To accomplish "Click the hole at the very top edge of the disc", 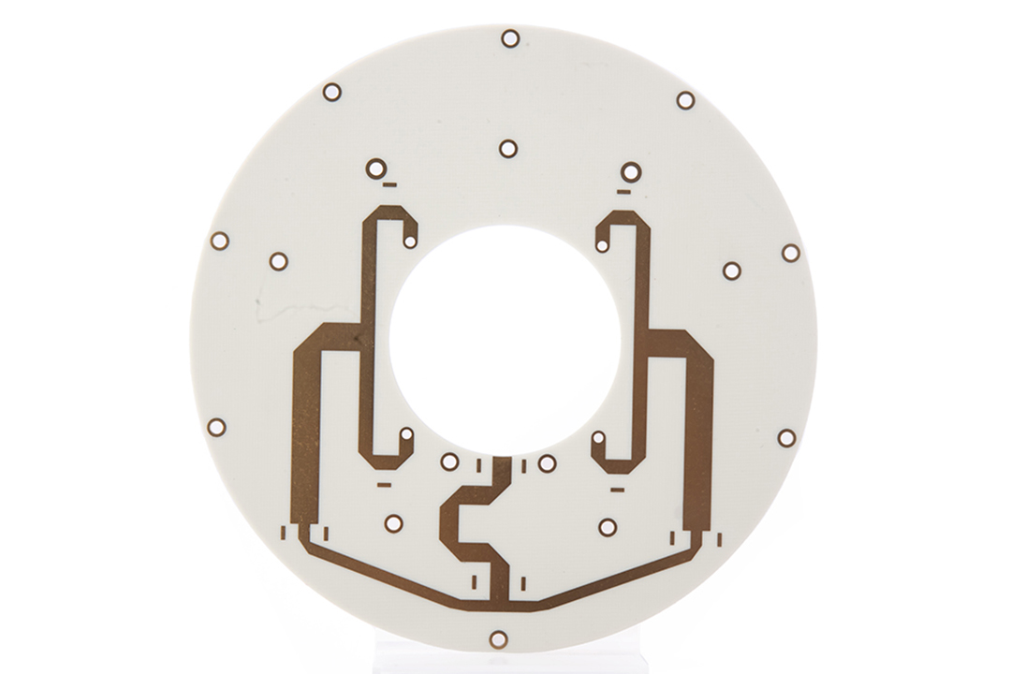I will pos(510,38).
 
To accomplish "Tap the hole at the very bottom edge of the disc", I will pos(498,639).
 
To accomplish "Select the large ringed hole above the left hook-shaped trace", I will pos(376,168).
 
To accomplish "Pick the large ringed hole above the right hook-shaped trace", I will pos(631,171).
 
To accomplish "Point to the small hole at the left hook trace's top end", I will pos(410,242).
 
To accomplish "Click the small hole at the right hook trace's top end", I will pos(602,246).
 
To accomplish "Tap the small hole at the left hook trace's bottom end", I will pos(406,434).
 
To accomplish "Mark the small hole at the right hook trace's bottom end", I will pos(598,437).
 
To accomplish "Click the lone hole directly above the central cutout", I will pos(508,148).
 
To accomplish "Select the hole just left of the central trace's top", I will pos(449,462).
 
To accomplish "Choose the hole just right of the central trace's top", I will pos(548,463).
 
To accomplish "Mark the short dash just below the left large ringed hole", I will pos(389,184).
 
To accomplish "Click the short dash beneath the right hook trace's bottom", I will pos(617,489).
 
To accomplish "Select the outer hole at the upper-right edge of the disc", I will pos(685,100).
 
